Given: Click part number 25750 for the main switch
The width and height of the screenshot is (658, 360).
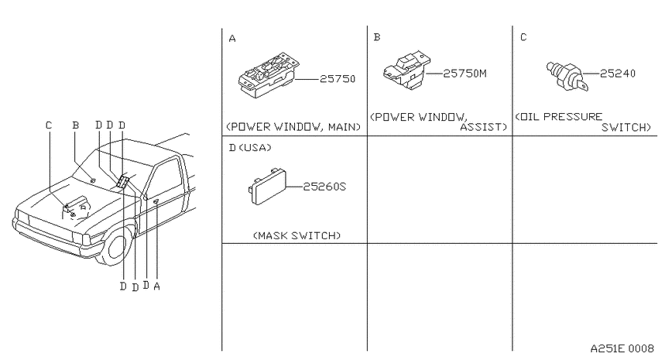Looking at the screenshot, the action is pos(338,79).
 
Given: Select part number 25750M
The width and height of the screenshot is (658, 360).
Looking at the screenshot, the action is pos(465,74).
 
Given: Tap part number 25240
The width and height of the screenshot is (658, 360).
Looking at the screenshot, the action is pos(618,74).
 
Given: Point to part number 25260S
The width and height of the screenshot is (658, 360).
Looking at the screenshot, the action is pos(324,187).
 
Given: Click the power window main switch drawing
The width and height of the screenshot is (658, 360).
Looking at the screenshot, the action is pos(269,76).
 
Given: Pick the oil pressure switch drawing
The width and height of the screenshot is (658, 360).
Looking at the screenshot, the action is pos(567,76).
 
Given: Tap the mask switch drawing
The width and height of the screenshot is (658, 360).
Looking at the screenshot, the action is pos(267,187).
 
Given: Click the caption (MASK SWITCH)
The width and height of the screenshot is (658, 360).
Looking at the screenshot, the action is pos(297,235).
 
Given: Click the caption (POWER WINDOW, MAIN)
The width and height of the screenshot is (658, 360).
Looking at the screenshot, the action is pos(293,127).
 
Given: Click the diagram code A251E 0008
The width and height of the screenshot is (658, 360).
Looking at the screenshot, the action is pos(622,348).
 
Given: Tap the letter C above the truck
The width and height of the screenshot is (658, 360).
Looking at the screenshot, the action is pos(49,125).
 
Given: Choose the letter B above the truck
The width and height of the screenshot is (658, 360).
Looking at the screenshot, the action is pos(76,125).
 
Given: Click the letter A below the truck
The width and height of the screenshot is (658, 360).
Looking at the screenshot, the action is pos(156,286).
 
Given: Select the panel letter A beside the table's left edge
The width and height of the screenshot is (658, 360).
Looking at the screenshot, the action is pos(232,39).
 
